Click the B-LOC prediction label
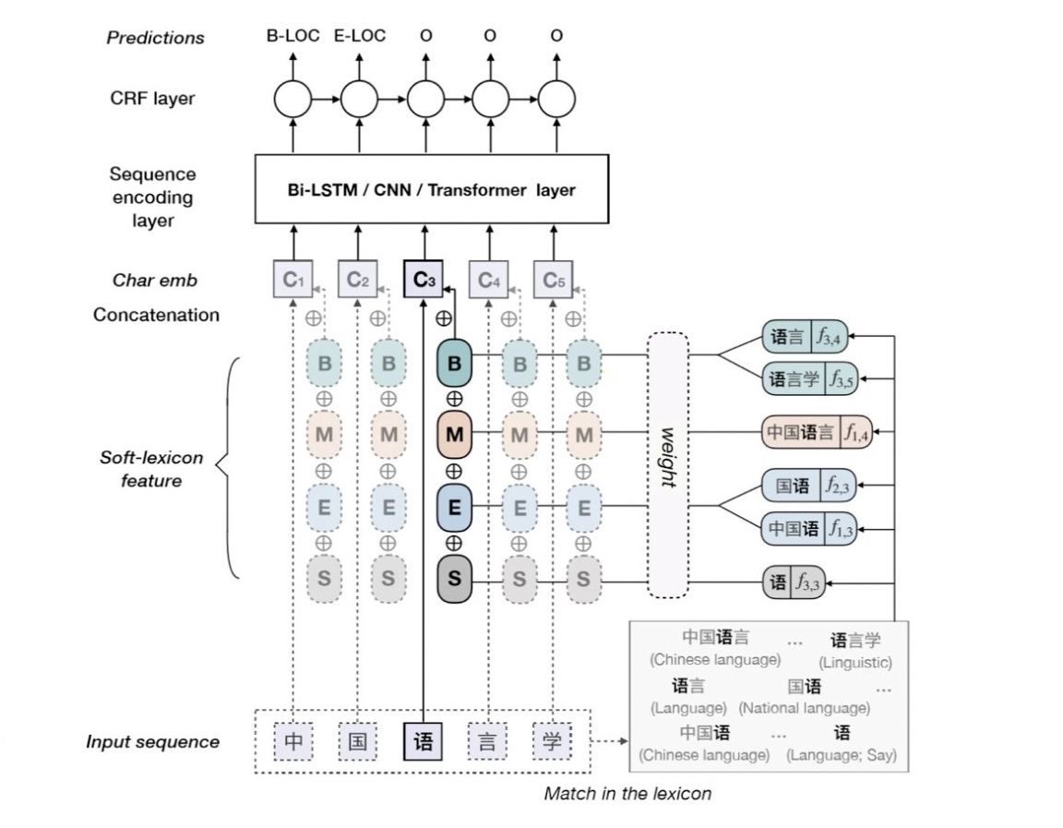point(293,36)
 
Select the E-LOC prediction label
point(359,36)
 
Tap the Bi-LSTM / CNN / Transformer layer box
point(431,189)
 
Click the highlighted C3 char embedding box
point(424,280)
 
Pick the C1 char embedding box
point(292,280)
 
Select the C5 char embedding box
point(554,280)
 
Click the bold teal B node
point(454,364)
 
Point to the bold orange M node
point(454,433)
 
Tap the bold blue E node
point(454,507)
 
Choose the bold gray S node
point(454,580)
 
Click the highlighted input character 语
point(424,741)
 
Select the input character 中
point(293,741)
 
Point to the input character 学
point(552,741)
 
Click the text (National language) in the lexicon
point(804,708)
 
